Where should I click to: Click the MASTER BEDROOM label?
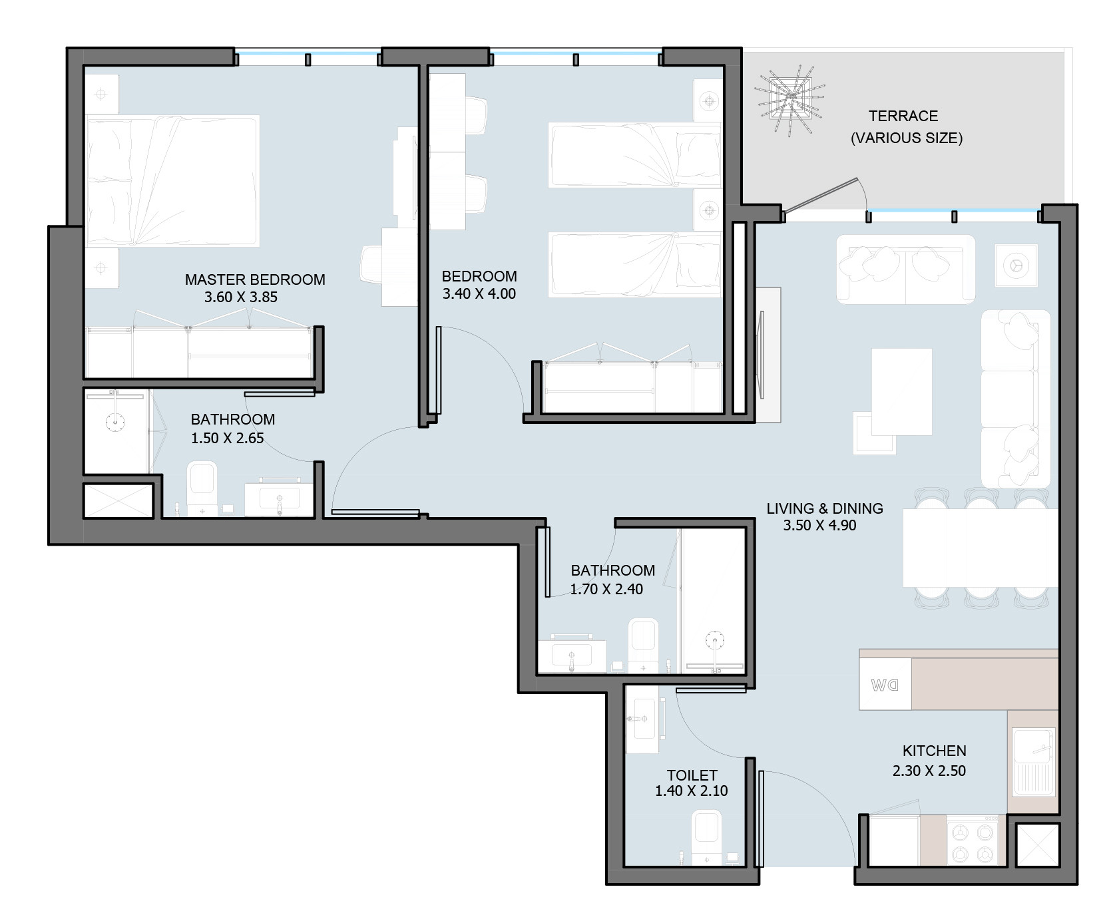tap(255, 279)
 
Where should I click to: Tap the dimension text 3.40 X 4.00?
tap(479, 294)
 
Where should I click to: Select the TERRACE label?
tap(903, 116)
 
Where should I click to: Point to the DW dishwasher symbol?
tap(885, 684)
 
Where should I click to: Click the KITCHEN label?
tap(934, 751)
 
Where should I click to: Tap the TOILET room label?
tap(692, 775)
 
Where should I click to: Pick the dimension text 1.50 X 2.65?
tap(228, 439)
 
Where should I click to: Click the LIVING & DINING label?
tap(825, 508)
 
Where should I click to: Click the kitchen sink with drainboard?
tap(1034, 762)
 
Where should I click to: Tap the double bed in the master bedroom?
tap(172, 180)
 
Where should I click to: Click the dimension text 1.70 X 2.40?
tap(606, 589)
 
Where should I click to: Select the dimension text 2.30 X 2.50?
tap(929, 771)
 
